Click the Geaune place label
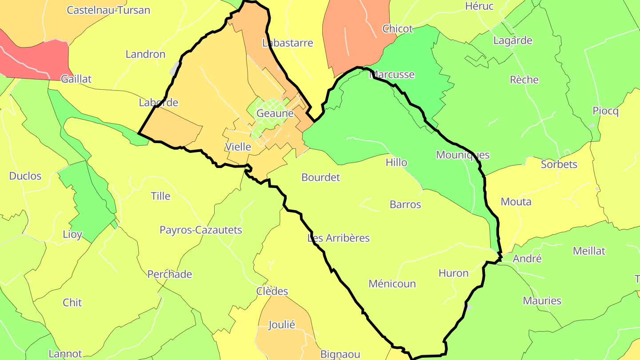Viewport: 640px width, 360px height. pos(275,113)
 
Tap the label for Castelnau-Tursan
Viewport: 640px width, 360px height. pos(108,10)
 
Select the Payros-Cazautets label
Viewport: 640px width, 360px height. pos(201,230)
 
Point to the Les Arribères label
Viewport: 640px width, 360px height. pos(339,238)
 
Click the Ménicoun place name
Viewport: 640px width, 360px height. pos(392,284)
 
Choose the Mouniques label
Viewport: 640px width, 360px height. pos(463,155)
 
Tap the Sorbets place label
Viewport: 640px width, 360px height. pos(559,164)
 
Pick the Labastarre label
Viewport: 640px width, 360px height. pos(288,43)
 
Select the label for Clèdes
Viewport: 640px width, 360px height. pos(272,291)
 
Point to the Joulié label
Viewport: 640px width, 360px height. pos(282,324)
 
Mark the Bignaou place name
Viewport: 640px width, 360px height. pos(340,354)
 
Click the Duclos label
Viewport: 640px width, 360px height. pos(25,176)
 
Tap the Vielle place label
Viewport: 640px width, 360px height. pos(238,147)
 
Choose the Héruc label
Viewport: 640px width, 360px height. pos(479,6)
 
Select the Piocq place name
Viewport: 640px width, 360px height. pos(605,111)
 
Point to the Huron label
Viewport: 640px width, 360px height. pos(453,273)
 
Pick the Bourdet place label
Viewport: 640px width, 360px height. pos(320,177)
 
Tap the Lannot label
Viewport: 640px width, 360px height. pos(65,354)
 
